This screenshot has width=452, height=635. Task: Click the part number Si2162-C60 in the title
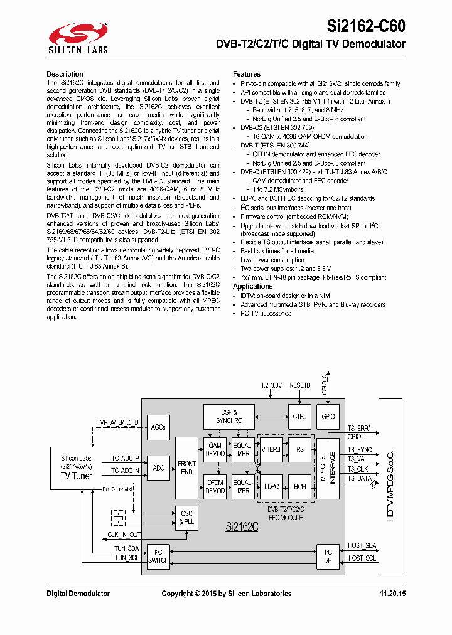pos(366,26)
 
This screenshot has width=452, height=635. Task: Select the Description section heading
pos(65,74)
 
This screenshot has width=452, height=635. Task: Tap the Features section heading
pos(247,74)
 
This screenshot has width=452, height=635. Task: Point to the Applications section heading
pos(253,286)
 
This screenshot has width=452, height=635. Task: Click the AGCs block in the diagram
pos(158,427)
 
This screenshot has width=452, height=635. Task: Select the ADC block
pos(158,467)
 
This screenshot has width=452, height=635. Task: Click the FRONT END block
pos(186,467)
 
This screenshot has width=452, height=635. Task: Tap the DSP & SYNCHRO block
pos(229,416)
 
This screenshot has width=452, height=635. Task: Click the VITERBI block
pos(271,449)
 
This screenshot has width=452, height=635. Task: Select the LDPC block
pos(271,486)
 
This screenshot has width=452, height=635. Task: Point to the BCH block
pos(300,486)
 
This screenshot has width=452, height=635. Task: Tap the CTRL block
pos(299,416)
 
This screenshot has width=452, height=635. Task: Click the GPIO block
pos(328,416)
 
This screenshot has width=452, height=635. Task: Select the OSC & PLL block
pos(186,518)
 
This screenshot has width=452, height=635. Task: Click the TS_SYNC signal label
pos(360,450)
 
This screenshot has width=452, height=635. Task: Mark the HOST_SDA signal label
pos(362,546)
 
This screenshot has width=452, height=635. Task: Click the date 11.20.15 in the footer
pos(392,594)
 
